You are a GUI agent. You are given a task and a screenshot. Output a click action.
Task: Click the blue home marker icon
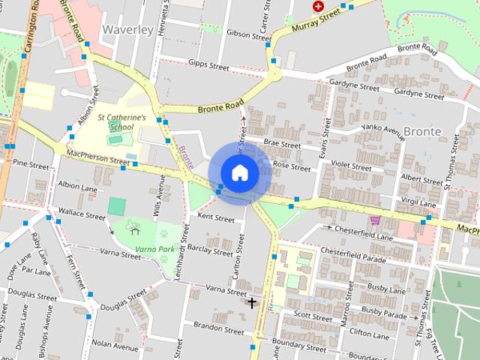point(239,172)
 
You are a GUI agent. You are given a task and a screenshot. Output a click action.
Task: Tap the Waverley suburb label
point(126,30)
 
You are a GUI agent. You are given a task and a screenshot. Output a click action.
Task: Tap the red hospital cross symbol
point(318,6)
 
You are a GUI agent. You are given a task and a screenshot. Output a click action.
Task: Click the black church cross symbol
point(252,302)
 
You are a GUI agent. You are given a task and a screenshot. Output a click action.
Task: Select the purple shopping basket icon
point(375,220)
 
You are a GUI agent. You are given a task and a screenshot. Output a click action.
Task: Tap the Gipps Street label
point(208,65)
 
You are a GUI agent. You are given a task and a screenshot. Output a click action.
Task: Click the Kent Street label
point(215,218)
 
